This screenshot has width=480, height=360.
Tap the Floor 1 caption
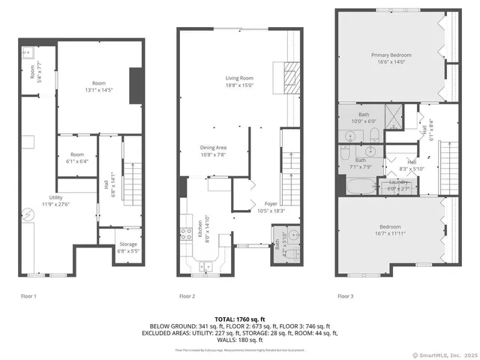click(x=28, y=296)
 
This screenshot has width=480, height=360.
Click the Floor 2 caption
click(x=187, y=296)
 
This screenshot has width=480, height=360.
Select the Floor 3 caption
click(x=346, y=296)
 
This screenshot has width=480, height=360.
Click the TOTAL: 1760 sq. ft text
click(x=240, y=319)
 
